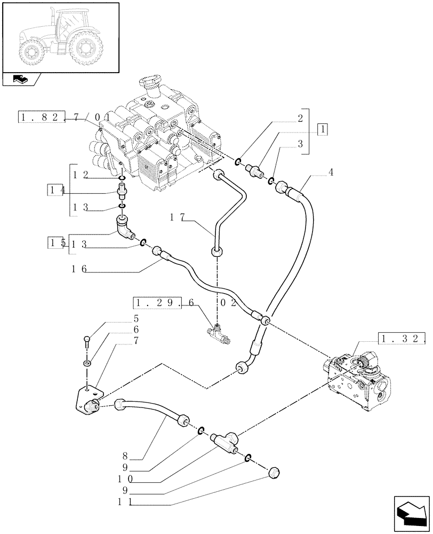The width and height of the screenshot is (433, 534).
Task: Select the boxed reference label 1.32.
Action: pos(403,337)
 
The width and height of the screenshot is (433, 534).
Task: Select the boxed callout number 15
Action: pos(55,242)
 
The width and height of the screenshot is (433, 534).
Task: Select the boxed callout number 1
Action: pos(323,128)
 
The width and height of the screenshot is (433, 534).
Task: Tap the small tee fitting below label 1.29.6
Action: pos(219,333)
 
